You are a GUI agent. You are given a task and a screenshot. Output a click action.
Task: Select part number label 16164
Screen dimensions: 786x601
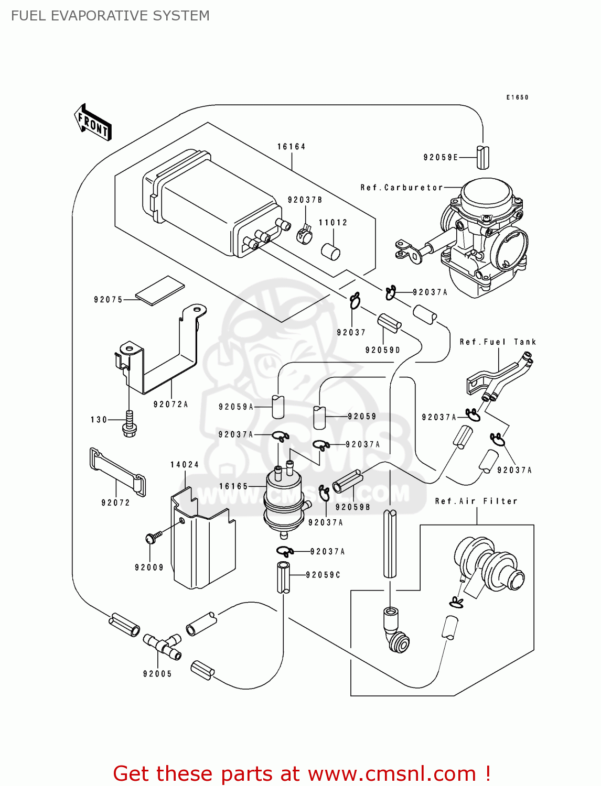click(291, 147)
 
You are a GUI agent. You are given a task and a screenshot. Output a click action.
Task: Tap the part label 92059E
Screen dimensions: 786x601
click(441, 157)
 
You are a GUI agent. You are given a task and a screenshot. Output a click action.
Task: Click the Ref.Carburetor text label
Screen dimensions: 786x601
click(402, 188)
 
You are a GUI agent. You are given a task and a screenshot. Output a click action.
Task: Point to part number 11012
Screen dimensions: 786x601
click(333, 223)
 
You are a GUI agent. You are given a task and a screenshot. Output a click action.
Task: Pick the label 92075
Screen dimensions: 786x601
click(108, 300)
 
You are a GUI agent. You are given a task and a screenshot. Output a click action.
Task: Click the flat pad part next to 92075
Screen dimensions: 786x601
click(160, 290)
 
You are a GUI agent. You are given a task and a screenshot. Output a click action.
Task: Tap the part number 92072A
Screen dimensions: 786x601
click(170, 405)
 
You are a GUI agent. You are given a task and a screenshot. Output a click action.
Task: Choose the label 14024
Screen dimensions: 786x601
click(185, 465)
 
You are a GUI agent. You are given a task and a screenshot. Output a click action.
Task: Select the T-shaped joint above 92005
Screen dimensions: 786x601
click(163, 646)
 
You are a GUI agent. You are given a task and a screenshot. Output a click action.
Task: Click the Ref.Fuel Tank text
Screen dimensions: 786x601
click(498, 342)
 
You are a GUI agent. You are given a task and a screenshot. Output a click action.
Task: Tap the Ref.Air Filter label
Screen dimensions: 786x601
click(476, 501)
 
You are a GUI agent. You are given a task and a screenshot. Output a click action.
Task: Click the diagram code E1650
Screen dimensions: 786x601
click(517, 97)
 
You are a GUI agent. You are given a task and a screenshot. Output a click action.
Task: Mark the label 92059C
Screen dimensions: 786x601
click(323, 575)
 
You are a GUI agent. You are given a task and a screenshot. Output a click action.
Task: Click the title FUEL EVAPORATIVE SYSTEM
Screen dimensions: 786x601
click(110, 16)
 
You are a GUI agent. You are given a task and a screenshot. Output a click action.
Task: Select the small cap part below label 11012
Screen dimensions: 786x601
click(330, 252)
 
